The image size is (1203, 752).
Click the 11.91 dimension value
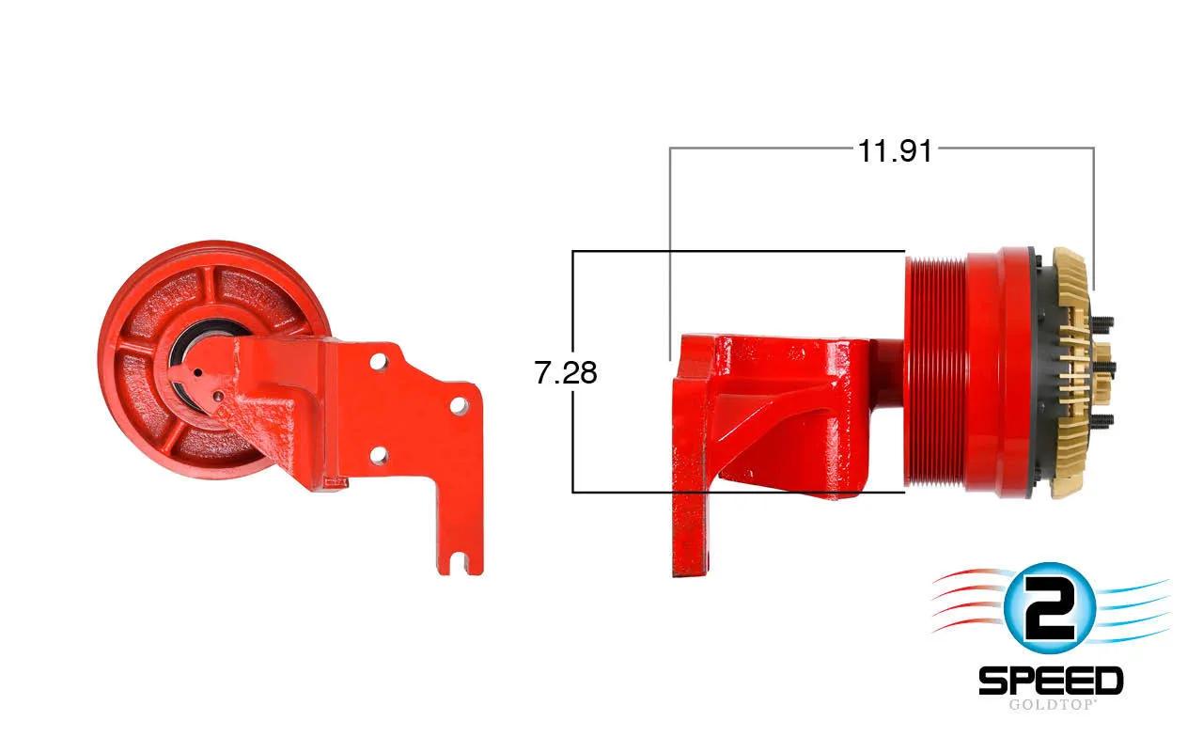895,151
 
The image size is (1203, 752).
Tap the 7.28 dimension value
566,372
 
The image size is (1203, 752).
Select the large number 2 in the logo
1049,608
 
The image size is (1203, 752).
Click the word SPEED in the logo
1051,681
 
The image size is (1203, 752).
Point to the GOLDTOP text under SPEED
1051,705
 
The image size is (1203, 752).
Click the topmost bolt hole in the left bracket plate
379,360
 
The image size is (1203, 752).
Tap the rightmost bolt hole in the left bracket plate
460,405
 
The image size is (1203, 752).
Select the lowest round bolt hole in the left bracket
379,456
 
